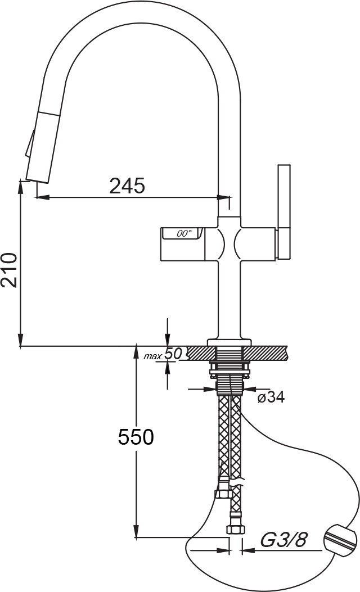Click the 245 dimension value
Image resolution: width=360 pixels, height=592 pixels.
click(x=127, y=186)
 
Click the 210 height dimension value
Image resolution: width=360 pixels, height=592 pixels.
click(x=10, y=270)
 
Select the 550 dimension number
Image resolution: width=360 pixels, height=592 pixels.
click(x=136, y=437)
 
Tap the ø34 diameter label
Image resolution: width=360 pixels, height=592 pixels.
click(x=271, y=397)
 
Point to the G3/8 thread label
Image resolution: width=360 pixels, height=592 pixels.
click(x=282, y=540)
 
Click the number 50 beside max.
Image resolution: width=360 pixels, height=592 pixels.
click(x=174, y=354)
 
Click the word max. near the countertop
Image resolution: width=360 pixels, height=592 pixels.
click(x=154, y=356)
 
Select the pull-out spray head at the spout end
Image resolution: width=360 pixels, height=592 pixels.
click(x=43, y=147)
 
